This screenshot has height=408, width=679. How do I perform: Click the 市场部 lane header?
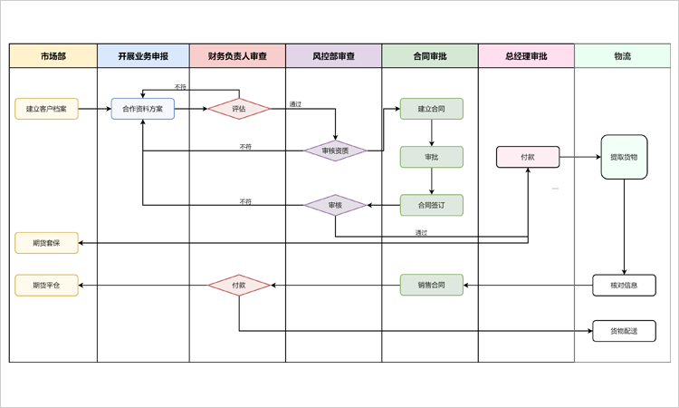coord(53,56)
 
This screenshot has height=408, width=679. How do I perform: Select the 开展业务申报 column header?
coord(143,56)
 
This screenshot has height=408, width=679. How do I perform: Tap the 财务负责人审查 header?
coord(237,56)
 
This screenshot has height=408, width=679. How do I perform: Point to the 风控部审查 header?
coord(333,56)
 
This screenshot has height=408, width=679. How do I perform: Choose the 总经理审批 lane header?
coord(526,56)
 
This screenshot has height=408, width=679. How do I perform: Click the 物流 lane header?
coord(622,56)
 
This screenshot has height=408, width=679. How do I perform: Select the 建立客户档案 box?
coord(46,109)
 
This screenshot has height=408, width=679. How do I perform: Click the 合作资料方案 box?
coord(143,109)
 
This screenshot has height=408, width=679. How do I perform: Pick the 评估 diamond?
coord(239,109)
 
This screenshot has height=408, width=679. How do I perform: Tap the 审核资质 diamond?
coord(335,151)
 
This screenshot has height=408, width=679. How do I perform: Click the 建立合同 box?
coord(432,109)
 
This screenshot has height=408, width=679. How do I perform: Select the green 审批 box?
coord(432,157)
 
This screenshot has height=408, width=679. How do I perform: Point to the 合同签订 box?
coord(432,205)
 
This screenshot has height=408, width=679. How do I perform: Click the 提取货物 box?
coord(624,157)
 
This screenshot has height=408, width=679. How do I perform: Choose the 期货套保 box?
coord(46,242)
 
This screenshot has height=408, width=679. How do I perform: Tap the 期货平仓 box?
coord(46,286)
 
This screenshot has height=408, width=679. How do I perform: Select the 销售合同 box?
coord(432,286)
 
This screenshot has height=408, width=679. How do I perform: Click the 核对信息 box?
coord(624,286)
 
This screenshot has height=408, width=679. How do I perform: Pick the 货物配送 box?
coord(624,331)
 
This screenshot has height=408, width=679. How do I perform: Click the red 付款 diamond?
coord(239,286)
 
